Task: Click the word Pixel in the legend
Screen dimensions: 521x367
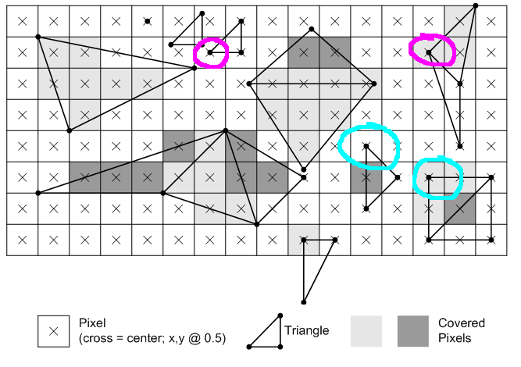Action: [x=92, y=322]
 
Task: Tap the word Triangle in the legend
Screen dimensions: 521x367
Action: [x=306, y=330]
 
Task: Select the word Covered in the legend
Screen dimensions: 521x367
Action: [x=462, y=322]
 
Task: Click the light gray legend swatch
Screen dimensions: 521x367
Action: [x=366, y=331]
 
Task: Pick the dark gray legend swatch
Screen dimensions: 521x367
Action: [x=413, y=331]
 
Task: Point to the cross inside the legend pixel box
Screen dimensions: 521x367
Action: [x=53, y=331]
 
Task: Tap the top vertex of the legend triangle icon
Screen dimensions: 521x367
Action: [x=280, y=315]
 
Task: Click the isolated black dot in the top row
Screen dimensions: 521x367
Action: [x=148, y=21]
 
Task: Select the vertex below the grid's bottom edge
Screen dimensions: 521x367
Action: [x=303, y=302]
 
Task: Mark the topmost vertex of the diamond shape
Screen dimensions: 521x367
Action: [x=312, y=29]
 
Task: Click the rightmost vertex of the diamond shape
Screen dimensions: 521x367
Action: [x=374, y=84]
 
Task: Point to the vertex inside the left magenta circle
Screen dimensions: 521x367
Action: [x=210, y=52]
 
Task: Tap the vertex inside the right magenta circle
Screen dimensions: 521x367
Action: [x=429, y=52]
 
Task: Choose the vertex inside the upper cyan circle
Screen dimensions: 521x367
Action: [x=366, y=146]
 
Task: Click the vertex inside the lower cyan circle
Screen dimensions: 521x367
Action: [x=429, y=177]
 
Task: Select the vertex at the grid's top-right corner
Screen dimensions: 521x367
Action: [x=476, y=5]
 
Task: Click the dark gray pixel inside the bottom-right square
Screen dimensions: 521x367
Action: [x=460, y=208]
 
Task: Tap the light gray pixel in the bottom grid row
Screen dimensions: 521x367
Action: [x=303, y=240]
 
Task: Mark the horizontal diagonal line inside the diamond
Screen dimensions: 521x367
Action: [x=312, y=84]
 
